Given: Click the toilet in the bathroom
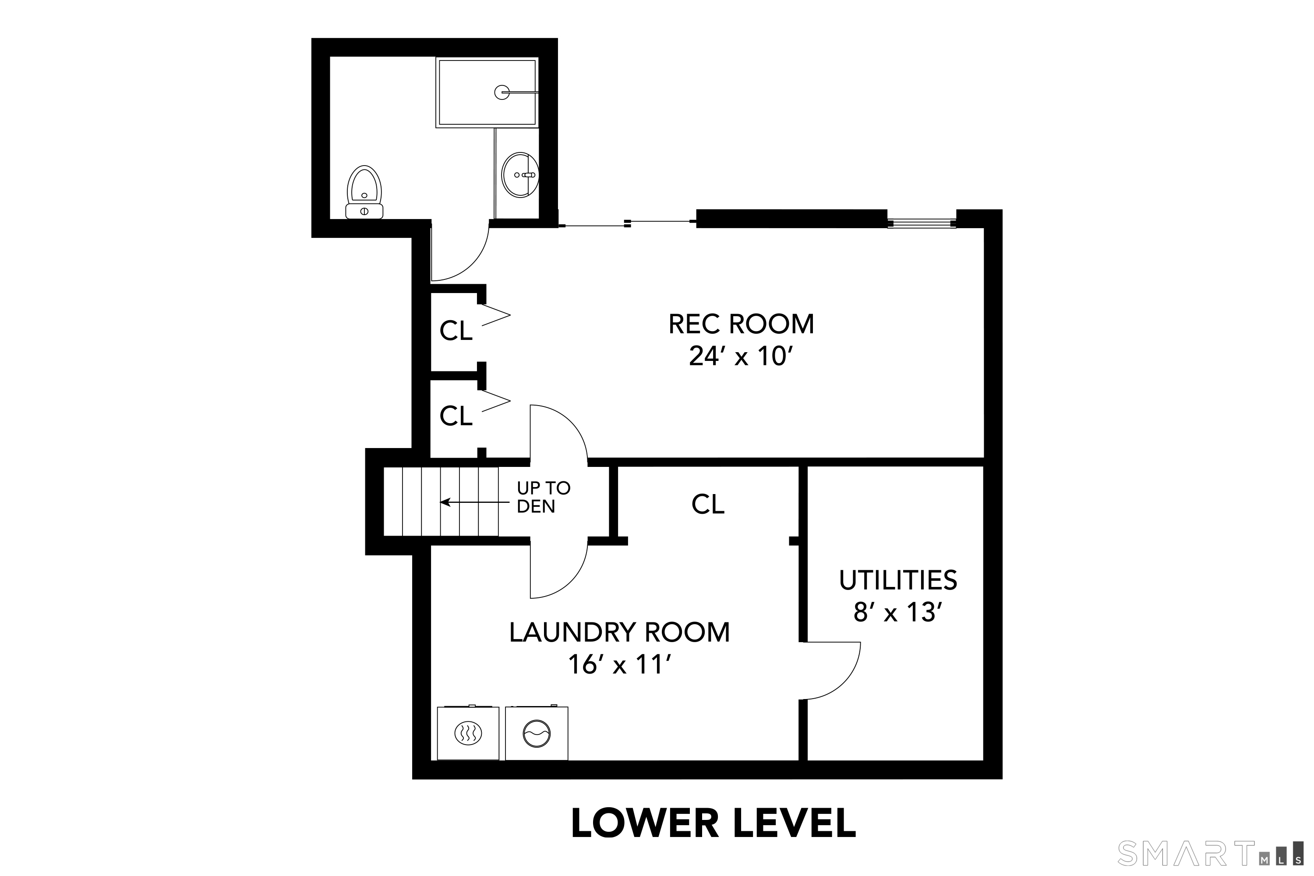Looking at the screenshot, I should (364, 192).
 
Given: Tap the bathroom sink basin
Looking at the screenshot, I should (520, 175).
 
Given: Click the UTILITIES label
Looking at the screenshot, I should (898, 580).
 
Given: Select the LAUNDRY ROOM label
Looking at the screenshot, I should (619, 632).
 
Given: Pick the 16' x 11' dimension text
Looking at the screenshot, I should (619, 665).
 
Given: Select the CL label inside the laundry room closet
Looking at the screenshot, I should (707, 505).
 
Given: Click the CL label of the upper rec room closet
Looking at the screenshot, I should (456, 331).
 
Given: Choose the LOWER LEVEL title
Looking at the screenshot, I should (713, 823).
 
